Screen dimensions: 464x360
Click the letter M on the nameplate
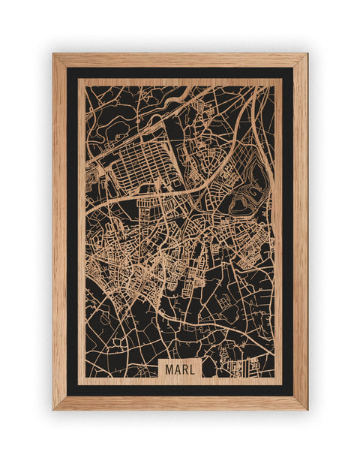pyautogui.click(x=168, y=369)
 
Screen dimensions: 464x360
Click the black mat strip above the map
pyautogui.click(x=180, y=73)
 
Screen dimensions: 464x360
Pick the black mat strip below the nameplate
pyautogui.click(x=180, y=390)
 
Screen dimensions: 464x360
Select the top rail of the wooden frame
pyautogui.click(x=180, y=59)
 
